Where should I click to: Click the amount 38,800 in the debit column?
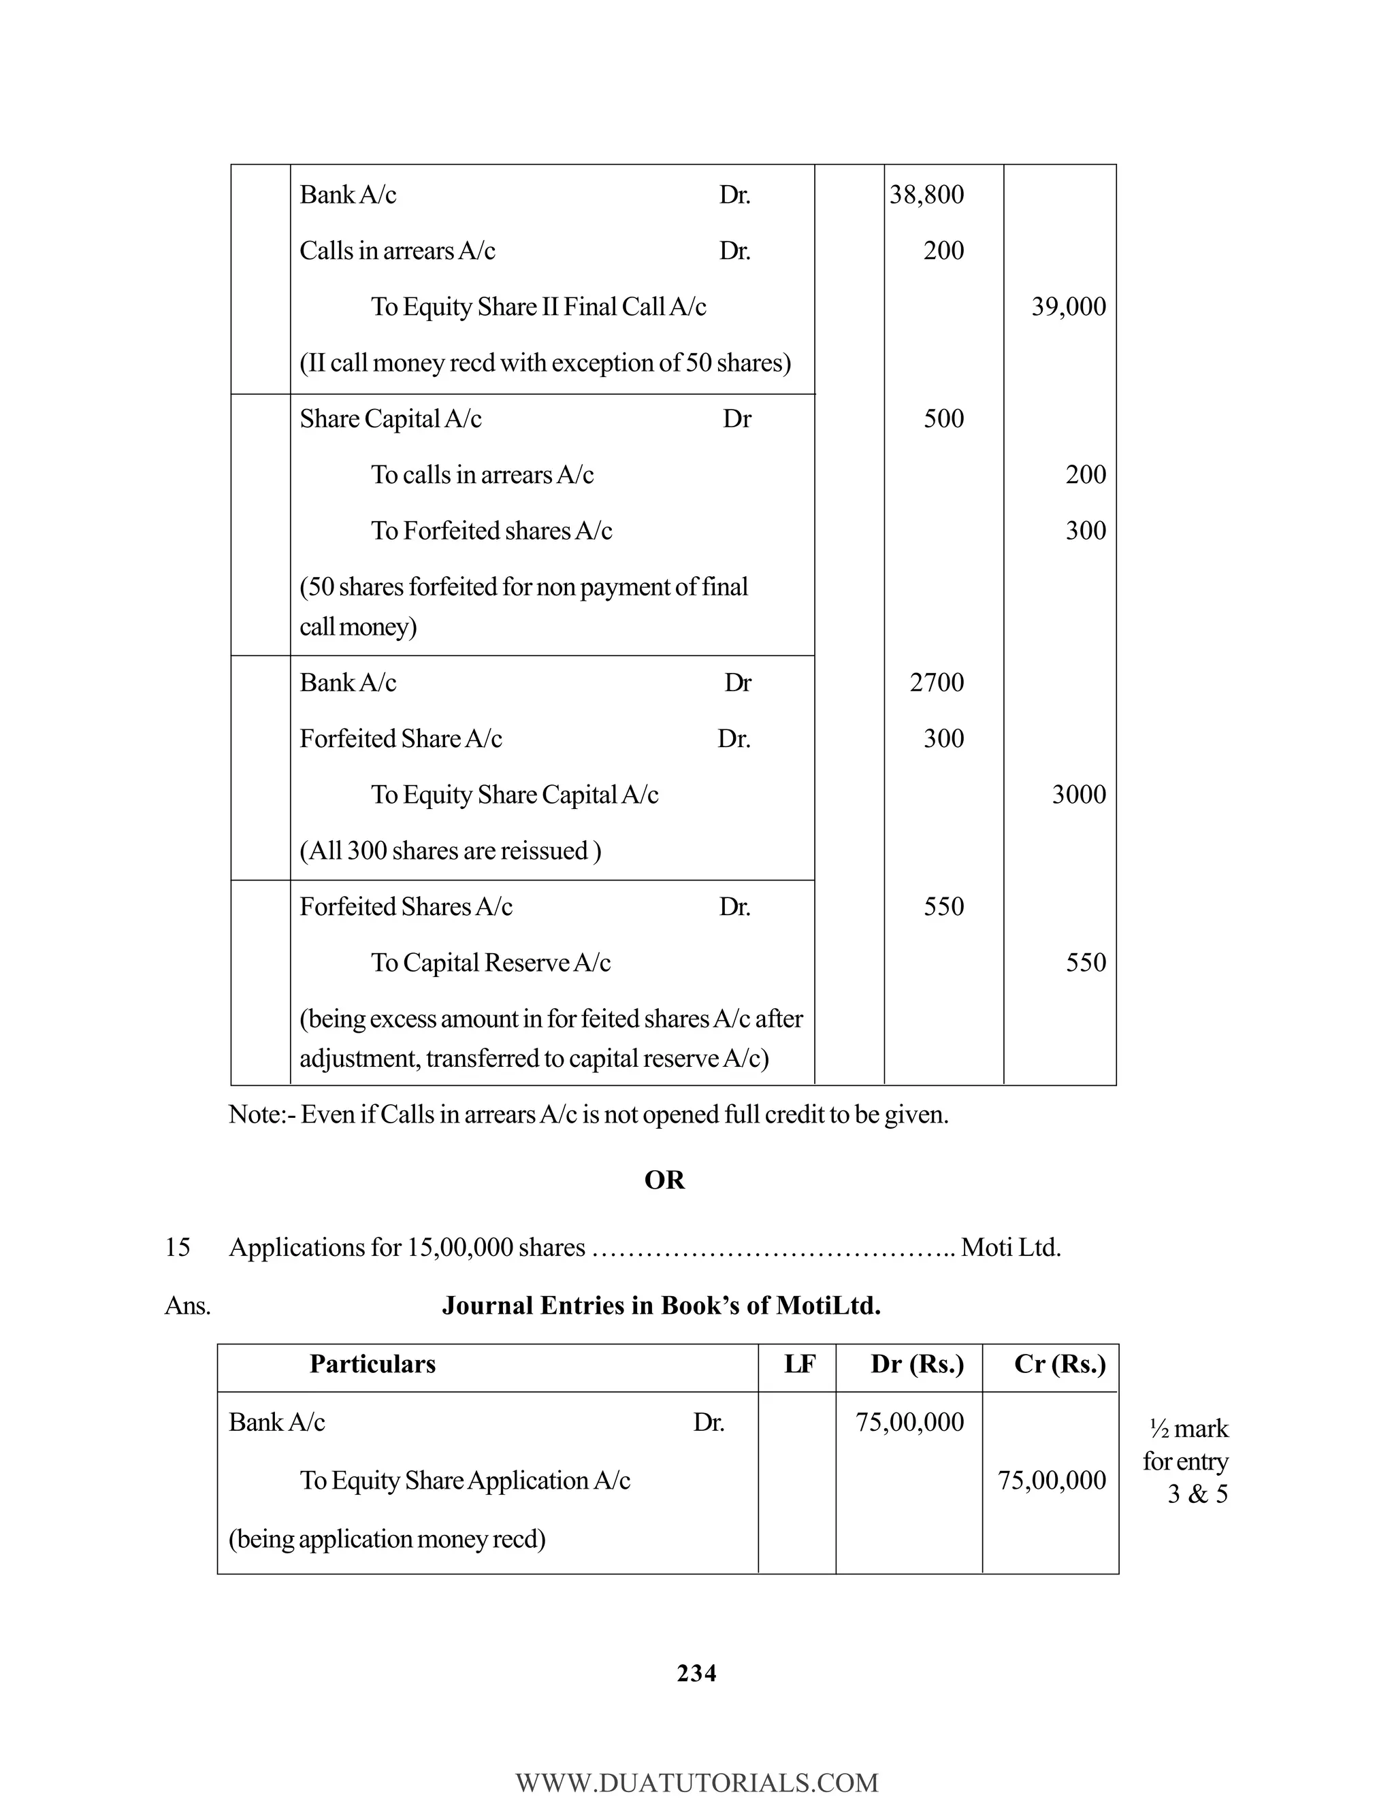coord(926,195)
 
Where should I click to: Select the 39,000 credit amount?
coord(1068,307)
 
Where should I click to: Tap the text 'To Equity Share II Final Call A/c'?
coord(538,307)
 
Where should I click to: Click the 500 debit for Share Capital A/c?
coord(943,418)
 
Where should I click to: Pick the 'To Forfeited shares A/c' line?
coord(491,531)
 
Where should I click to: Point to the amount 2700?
coord(937,682)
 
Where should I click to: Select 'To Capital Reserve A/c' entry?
coord(491,963)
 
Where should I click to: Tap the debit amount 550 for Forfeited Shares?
coord(943,906)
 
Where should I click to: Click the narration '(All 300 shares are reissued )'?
coord(450,851)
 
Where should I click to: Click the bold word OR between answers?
coord(664,1180)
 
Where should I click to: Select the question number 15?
coord(178,1246)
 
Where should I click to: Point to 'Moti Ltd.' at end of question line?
coord(1011,1246)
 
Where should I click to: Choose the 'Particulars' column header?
coord(372,1363)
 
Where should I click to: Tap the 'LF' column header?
coord(799,1363)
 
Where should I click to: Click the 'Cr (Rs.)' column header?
coord(1060,1363)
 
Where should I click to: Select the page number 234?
coord(696,1674)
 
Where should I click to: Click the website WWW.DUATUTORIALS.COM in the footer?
coord(696,1783)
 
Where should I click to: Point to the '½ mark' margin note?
coord(1189,1428)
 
